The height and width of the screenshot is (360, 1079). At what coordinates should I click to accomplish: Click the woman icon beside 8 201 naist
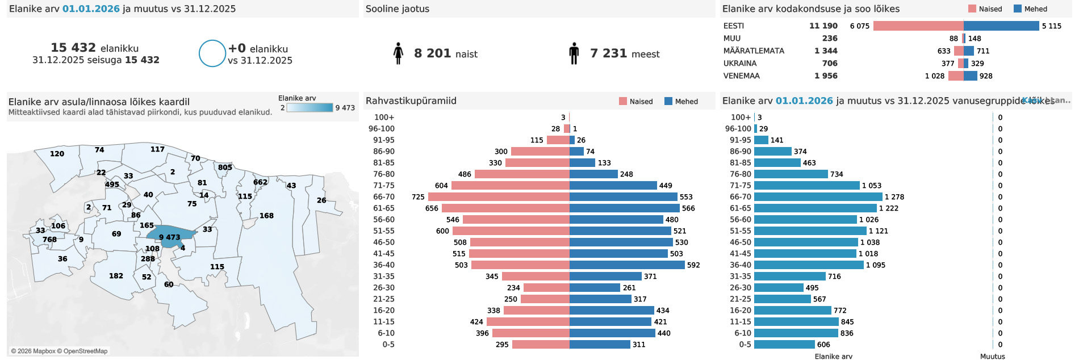pos(398,53)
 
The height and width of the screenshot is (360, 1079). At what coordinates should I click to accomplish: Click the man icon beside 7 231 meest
pos(574,53)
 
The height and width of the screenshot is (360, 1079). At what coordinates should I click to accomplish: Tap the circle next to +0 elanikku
pos(212,53)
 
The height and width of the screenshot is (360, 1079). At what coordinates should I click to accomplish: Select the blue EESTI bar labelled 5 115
pos(1001,26)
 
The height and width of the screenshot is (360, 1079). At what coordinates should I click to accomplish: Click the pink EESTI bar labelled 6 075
pos(918,26)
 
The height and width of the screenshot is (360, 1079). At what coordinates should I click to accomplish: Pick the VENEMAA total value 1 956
pos(826,76)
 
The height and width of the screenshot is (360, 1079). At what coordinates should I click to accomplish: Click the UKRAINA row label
pos(740,63)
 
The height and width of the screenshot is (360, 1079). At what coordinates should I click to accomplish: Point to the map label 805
pos(225,168)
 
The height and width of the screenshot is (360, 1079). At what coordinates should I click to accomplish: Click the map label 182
pos(116,276)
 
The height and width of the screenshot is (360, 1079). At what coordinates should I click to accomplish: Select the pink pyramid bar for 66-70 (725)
pos(499,196)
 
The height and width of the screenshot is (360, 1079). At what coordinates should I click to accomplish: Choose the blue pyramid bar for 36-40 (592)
pos(627,265)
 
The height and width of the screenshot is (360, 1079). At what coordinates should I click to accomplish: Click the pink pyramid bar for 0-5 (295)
pos(541,344)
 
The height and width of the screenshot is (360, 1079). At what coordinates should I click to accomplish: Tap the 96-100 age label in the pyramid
pos(381,128)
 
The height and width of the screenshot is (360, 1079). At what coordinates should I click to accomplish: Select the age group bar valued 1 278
pos(818,196)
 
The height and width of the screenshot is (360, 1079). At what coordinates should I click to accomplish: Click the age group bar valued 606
pos(784,344)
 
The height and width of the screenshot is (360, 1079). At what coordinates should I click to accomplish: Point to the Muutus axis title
pos(992,357)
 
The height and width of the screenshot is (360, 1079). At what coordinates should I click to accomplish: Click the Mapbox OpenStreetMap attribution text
pos(59,351)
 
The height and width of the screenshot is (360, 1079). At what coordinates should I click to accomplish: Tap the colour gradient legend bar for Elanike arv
pos(310,108)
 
